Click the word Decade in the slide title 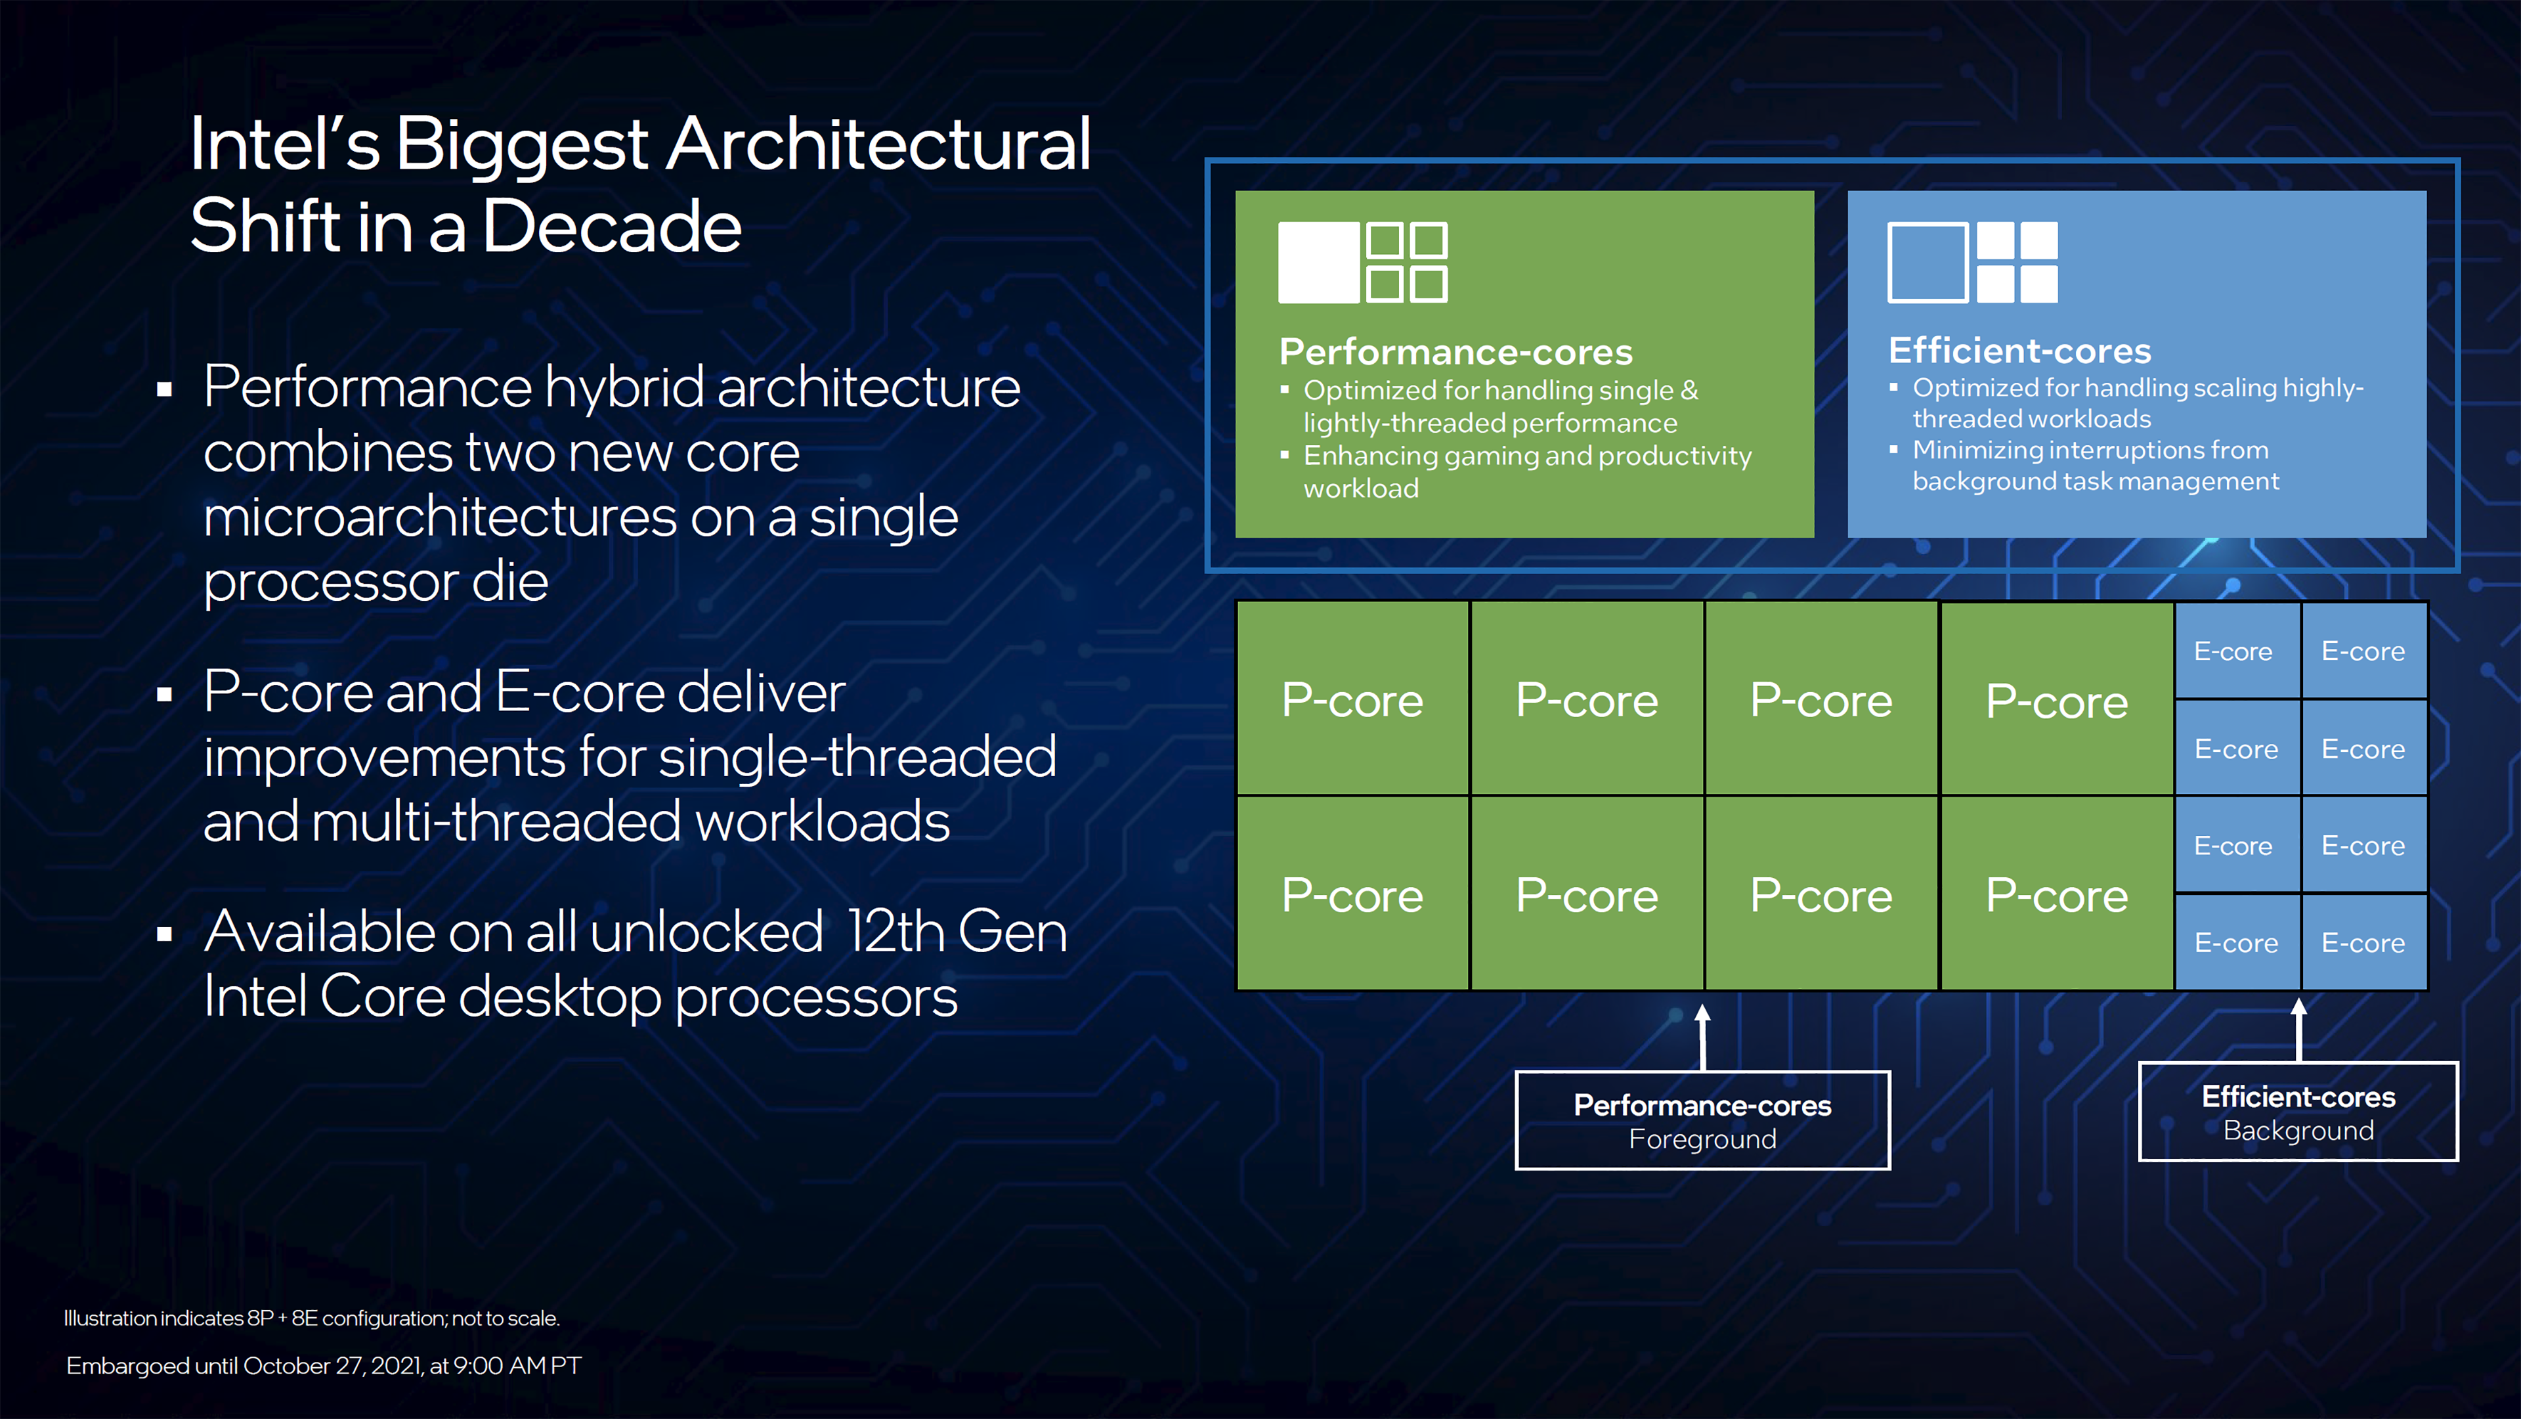(612, 226)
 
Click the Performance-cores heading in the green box (1455, 351)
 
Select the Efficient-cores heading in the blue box (2019, 351)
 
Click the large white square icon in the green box (1318, 262)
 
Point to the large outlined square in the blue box (1927, 262)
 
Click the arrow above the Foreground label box (1703, 1037)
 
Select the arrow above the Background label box (2299, 1030)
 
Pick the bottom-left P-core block (1352, 894)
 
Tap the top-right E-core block (2363, 651)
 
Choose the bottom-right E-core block (2363, 942)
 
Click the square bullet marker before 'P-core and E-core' (164, 695)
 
